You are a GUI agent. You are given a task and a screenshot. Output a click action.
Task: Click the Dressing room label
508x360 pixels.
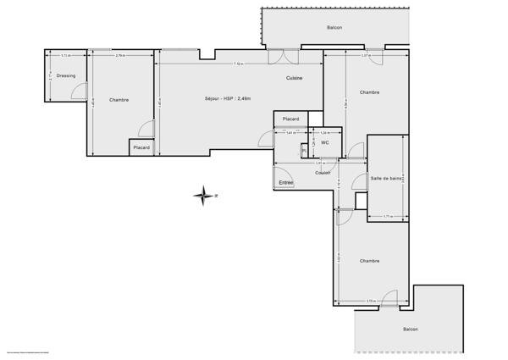66,76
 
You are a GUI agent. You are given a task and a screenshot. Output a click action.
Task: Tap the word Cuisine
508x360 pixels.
294,78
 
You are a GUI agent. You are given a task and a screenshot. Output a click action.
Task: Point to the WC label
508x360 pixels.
324,141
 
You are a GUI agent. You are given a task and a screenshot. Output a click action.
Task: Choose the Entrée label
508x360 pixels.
286,181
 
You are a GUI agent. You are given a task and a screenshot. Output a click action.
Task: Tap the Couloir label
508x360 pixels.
323,173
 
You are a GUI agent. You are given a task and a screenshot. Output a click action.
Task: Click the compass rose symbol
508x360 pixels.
204,197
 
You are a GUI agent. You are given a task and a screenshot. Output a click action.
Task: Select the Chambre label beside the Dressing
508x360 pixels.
119,100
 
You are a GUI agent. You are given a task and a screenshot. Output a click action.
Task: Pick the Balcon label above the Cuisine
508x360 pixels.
334,27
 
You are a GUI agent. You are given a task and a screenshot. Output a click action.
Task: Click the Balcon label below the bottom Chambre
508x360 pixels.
410,329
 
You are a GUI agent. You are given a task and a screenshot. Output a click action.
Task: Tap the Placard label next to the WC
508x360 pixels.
291,119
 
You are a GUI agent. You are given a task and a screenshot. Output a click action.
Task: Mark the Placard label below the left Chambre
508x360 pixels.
141,148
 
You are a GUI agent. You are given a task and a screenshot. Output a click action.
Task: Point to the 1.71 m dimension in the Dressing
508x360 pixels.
66,56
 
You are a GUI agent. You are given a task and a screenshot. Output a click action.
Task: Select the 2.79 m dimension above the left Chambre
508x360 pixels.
120,56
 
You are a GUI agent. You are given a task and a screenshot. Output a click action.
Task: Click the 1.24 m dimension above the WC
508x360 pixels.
325,133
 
